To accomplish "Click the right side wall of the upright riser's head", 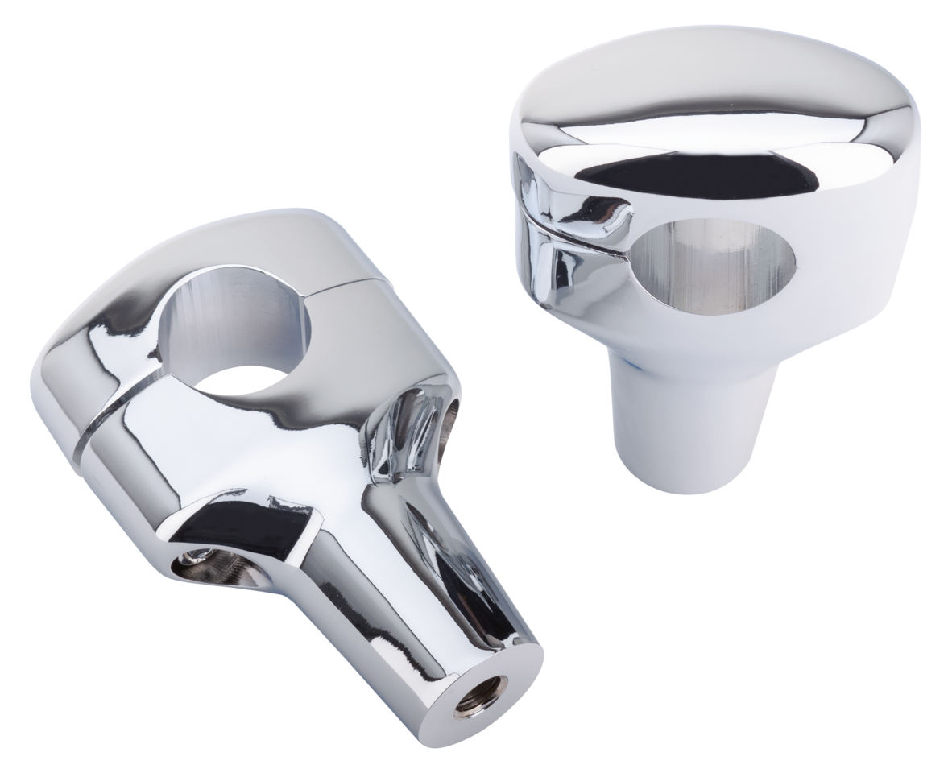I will pos(870,242).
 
